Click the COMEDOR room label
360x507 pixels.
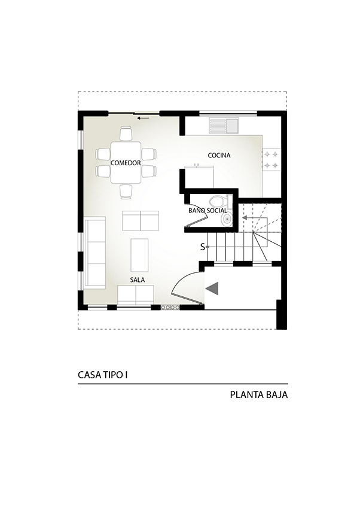(126, 163)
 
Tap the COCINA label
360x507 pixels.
(219, 156)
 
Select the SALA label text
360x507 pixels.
(138, 280)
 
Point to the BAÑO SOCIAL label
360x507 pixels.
(208, 211)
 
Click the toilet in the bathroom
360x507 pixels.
(219, 202)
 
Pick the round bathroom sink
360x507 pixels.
(227, 219)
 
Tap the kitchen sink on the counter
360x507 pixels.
(224, 126)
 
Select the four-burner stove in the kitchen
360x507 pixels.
(271, 160)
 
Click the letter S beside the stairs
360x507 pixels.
(203, 247)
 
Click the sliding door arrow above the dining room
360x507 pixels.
(143, 118)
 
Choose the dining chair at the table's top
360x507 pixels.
(126, 133)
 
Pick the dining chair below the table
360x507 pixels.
(126, 191)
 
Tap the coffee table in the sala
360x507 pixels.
(139, 255)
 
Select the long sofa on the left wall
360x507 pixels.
(94, 253)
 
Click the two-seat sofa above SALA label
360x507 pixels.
(136, 295)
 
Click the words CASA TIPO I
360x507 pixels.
(103, 375)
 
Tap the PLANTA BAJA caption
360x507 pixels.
(259, 395)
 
